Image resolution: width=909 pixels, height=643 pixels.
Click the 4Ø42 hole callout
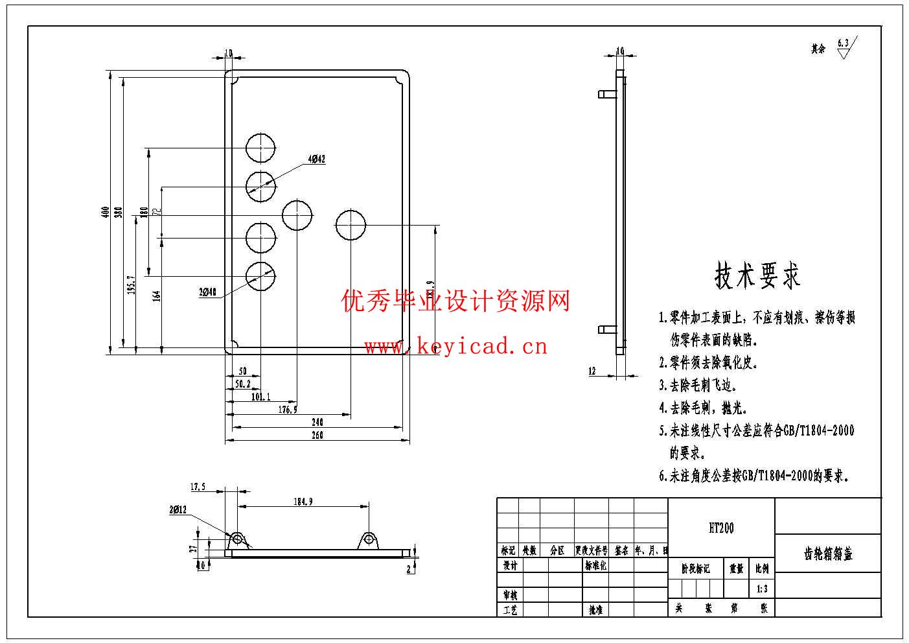317,159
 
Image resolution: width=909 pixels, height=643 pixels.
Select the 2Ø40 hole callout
207,292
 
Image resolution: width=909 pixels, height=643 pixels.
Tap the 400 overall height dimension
105,213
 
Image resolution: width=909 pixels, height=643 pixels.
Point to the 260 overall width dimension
317,436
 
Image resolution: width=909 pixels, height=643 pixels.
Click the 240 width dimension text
317,422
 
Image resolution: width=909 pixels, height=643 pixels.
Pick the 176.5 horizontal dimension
288,410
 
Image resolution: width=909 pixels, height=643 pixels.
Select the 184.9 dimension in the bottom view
303,501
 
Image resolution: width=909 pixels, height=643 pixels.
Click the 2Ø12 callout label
178,510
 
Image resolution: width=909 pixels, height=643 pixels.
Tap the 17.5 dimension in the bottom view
198,487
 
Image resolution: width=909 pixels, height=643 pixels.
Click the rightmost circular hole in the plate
351,224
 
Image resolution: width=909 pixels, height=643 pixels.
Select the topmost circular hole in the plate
260,148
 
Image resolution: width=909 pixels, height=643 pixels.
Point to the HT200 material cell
721,528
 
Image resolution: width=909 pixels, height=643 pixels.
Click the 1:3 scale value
762,589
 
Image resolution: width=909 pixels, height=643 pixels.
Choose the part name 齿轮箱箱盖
828,554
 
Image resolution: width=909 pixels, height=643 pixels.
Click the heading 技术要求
757,276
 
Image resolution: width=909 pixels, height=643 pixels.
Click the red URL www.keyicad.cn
455,347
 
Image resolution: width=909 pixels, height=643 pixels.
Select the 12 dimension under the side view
592,371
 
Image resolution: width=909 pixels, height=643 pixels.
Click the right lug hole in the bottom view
369,539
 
